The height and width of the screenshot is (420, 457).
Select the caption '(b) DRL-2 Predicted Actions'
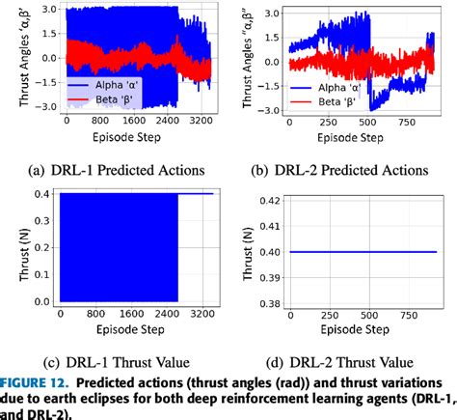pos(345,170)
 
